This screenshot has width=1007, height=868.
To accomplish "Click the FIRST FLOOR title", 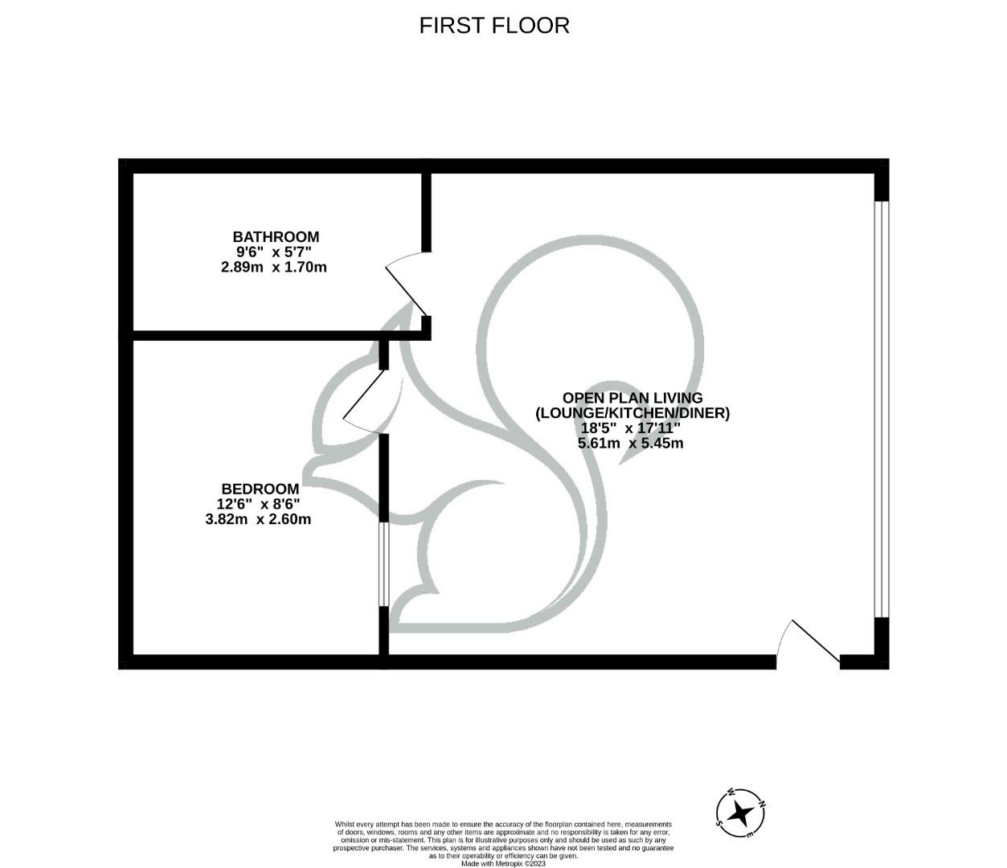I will click(494, 26).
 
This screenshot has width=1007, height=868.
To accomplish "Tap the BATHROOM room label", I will click(276, 237).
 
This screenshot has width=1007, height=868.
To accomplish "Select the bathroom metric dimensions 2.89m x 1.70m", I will click(273, 267).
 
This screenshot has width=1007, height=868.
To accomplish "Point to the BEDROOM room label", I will click(260, 489).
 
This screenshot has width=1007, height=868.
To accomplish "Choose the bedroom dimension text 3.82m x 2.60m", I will click(258, 519).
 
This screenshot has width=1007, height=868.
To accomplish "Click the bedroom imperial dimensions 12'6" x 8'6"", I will click(258, 504).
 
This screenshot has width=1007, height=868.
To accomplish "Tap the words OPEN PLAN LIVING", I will click(632, 398).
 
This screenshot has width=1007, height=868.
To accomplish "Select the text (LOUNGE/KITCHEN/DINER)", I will click(632, 413).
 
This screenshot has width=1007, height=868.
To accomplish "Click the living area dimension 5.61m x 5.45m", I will click(630, 443).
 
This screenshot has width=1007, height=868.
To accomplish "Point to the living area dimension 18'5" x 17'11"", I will click(630, 428).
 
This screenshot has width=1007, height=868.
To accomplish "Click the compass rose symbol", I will click(740, 813).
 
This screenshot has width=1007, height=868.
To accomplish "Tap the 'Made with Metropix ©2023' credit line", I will click(503, 864).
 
